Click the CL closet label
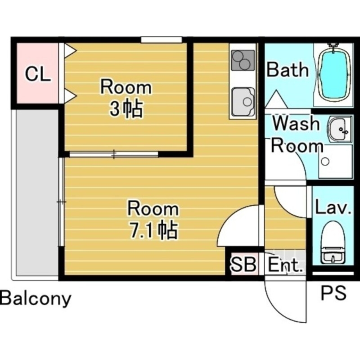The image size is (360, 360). point(38,74)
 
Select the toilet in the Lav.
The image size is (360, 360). point(333,243)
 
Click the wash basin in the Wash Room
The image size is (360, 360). point(340,129)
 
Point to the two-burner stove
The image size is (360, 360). point(243,60)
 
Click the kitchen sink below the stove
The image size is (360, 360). point(243,102)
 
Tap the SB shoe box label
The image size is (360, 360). point(243,264)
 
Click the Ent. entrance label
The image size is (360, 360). point(285,265)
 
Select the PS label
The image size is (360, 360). point(333,292)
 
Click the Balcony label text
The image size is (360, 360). point(36,298)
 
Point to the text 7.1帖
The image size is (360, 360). point(153,230)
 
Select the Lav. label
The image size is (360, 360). point(333,207)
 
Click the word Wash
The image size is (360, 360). point(296,123)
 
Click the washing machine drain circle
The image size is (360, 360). point(325,162)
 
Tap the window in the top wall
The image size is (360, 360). point(162,40)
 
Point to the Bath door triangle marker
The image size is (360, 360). point(276,99)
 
